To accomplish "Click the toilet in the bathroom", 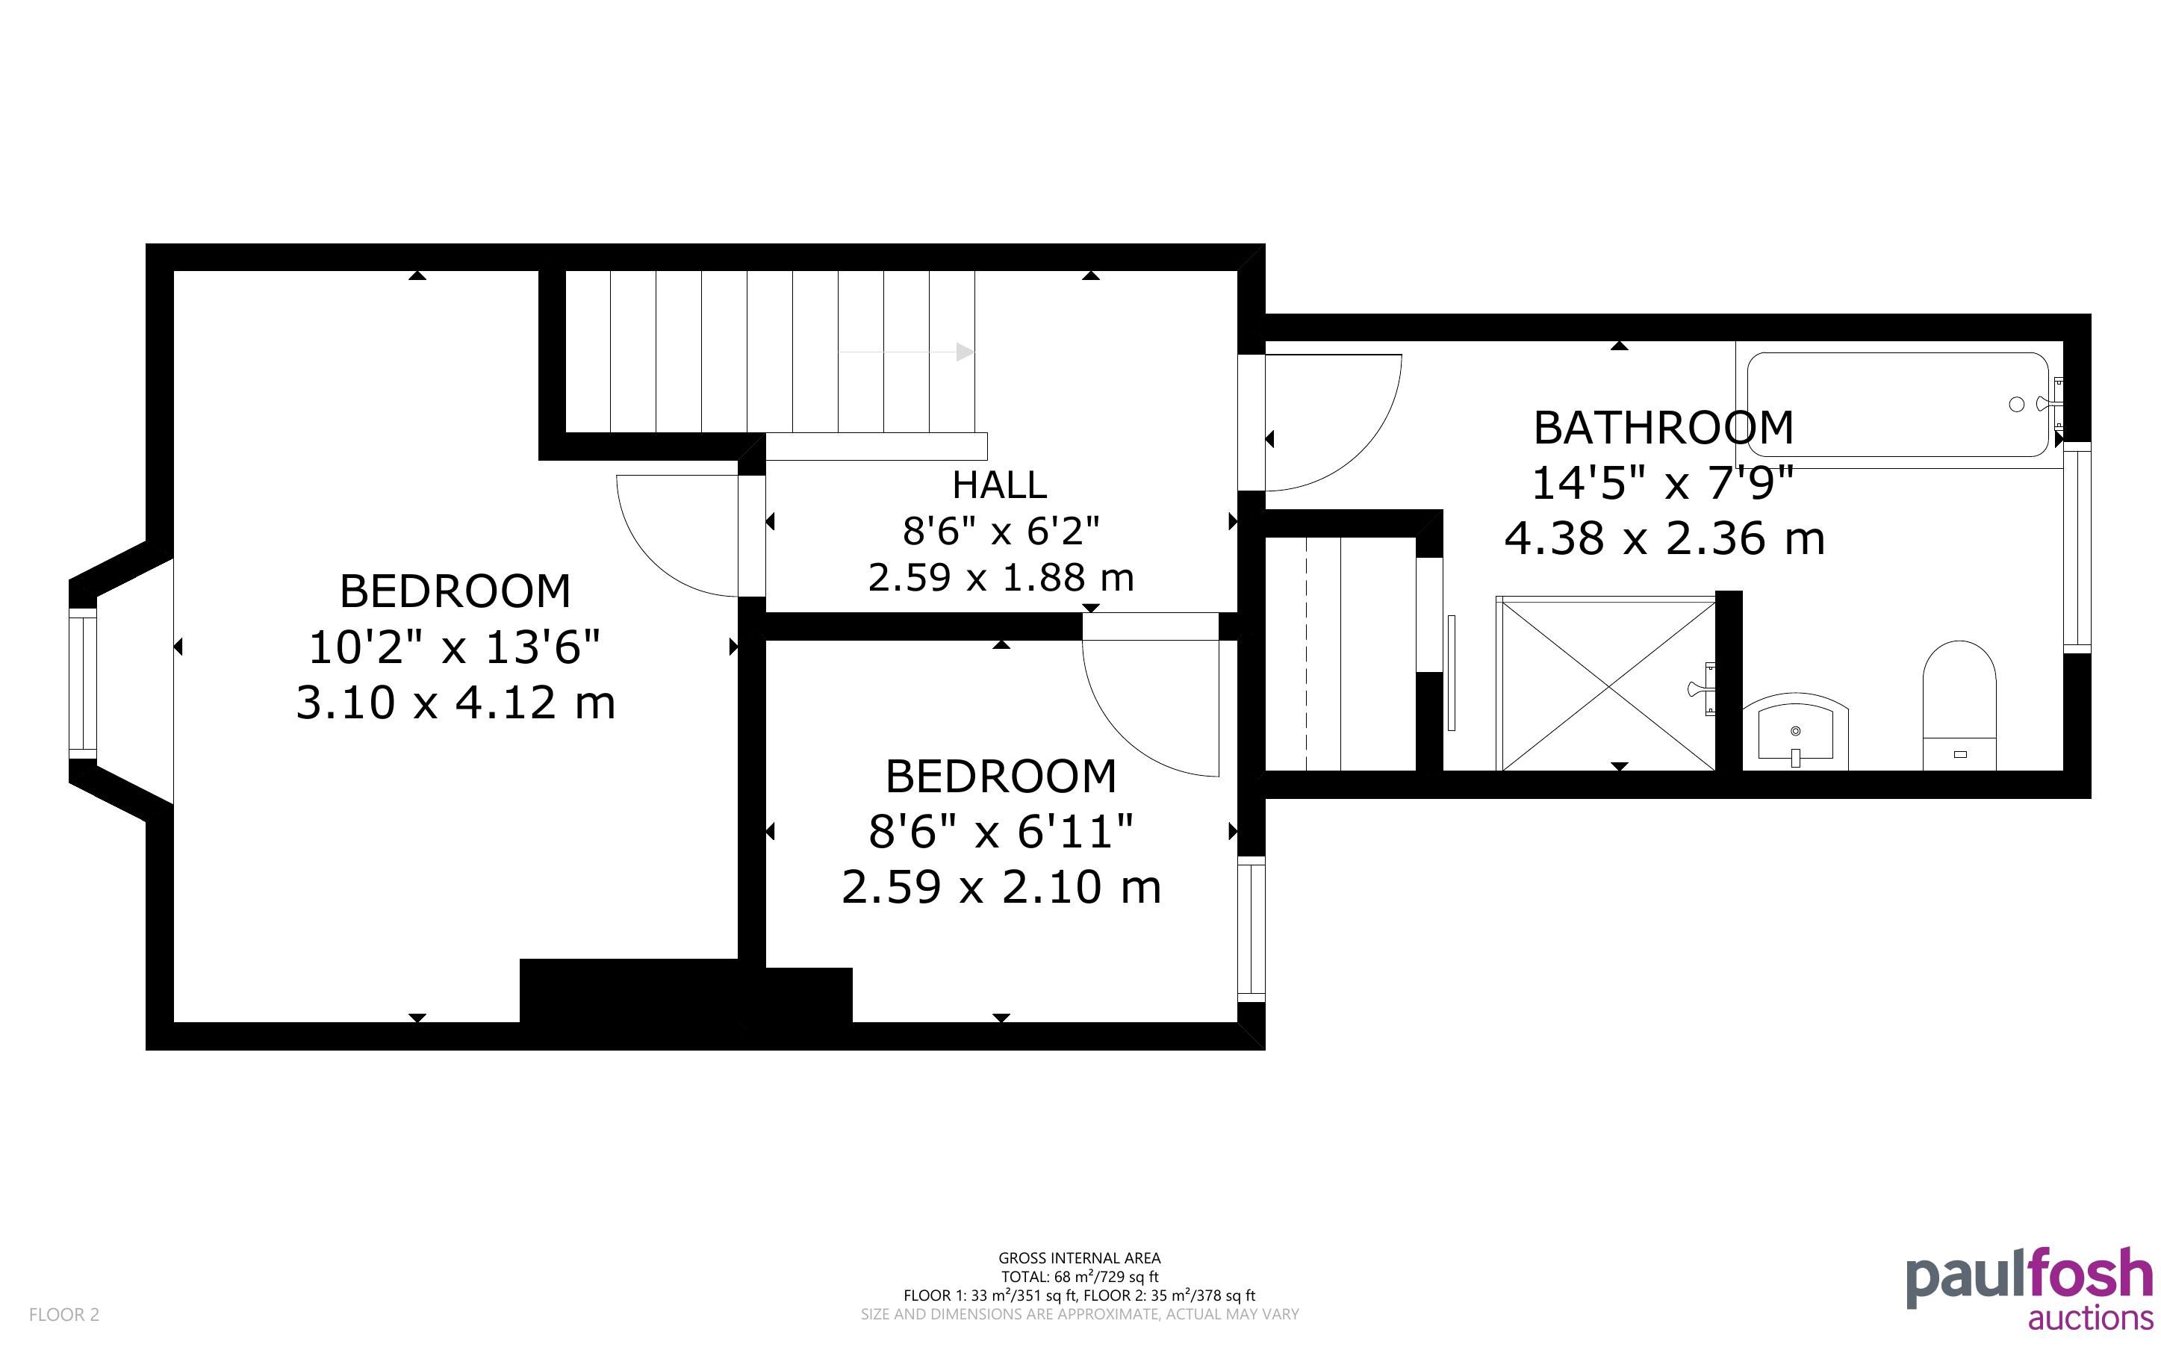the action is [1959, 706].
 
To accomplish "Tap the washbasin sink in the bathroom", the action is [1795, 732].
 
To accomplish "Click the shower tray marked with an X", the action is [1607, 684].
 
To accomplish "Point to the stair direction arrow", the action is [907, 352].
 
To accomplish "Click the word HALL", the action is [999, 485].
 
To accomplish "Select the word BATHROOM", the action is [1663, 428].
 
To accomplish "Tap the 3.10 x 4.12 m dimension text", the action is [455, 703].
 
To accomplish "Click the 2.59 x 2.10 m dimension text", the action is [1001, 888].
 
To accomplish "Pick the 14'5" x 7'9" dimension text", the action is [1662, 483].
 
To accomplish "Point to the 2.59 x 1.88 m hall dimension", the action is [1001, 578].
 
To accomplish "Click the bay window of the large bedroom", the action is [83, 683].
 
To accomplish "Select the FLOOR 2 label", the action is [64, 1314].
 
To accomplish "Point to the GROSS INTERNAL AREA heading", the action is [1079, 1258].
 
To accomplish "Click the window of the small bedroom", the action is [1251, 929].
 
